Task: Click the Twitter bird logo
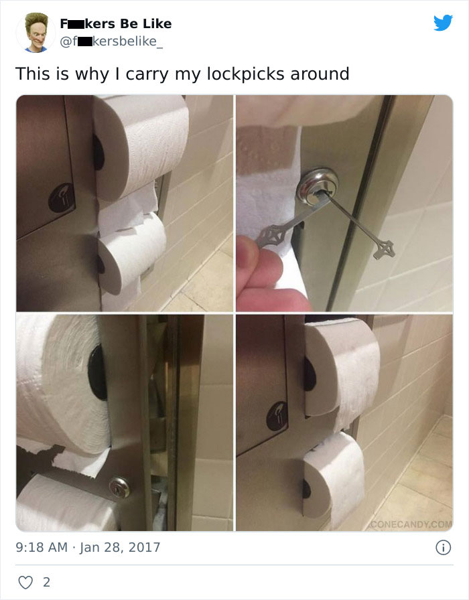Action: point(443,23)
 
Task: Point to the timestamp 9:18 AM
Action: point(40,547)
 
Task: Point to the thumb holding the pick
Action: point(265,268)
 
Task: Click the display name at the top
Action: point(115,23)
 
